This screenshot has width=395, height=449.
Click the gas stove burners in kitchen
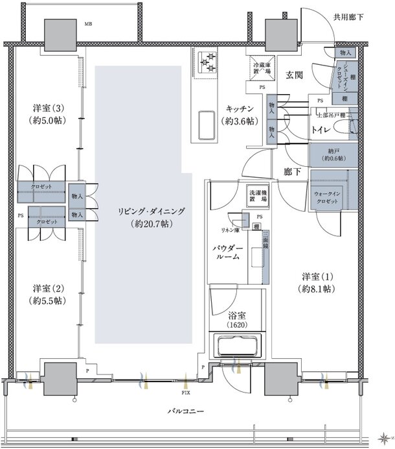click(209, 62)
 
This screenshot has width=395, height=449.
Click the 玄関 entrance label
click(293, 75)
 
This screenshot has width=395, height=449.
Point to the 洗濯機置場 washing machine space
click(258, 197)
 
